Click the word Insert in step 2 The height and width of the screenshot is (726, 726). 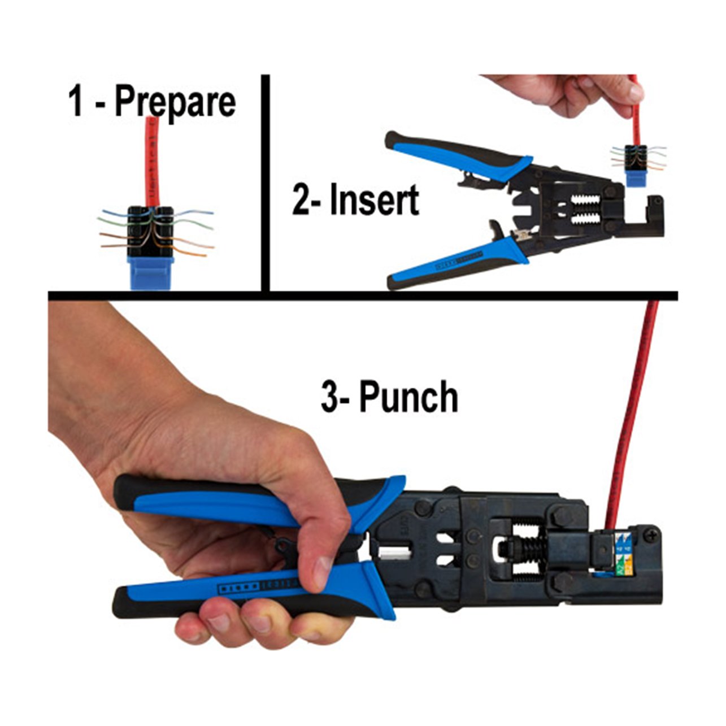tap(374, 200)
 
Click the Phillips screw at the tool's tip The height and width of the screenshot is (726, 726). tap(654, 533)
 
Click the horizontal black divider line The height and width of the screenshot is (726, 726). tap(362, 295)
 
